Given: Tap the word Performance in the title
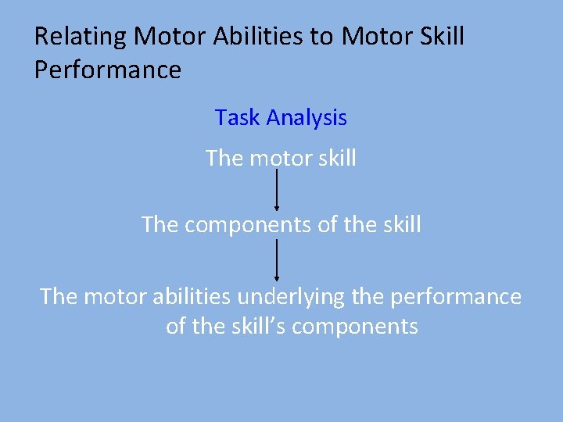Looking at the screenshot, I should pos(108,70).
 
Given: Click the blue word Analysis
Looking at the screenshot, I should pos(307,118).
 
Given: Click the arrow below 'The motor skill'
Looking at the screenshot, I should pos(277,191).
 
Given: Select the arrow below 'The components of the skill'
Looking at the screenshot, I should pos(277,261).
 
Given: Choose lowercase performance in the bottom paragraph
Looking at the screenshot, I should pos(457,297).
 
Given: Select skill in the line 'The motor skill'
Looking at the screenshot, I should pos(337,159).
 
